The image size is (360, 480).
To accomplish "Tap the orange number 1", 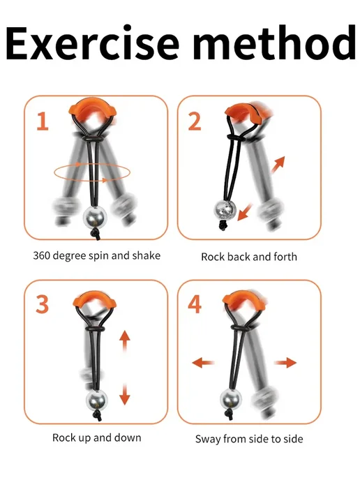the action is pos(43,121).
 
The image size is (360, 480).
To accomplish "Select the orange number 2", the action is pos(195,121).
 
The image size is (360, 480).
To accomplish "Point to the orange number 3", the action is pos(43,304).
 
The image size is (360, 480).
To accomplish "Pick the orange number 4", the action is pos(195,304).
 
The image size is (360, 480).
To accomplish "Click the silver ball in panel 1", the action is pos(93,217).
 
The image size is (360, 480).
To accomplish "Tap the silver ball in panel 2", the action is pos(225,210).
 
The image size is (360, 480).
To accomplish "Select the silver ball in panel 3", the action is pos(97,400).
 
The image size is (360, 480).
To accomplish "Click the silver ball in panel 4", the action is pos(231,399).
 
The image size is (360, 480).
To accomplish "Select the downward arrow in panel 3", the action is pos(125,395).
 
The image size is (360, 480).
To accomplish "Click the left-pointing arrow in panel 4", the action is pos(202,363).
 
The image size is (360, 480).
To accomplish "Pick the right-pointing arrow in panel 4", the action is pos(285,363).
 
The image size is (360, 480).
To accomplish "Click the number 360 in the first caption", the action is pos(42,255).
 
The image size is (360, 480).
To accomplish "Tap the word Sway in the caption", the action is pos(208,440).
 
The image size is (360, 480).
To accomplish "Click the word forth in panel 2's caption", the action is pos(285,257).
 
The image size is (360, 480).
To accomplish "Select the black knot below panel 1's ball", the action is pos(96,234).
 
